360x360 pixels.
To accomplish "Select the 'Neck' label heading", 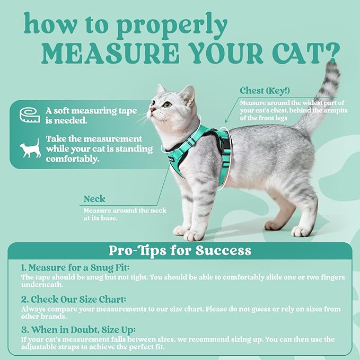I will point(94,199).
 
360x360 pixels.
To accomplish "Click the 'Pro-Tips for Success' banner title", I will point(180,250).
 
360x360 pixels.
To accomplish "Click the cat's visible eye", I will point(167,104).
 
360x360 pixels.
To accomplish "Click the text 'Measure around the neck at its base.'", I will point(125,214).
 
